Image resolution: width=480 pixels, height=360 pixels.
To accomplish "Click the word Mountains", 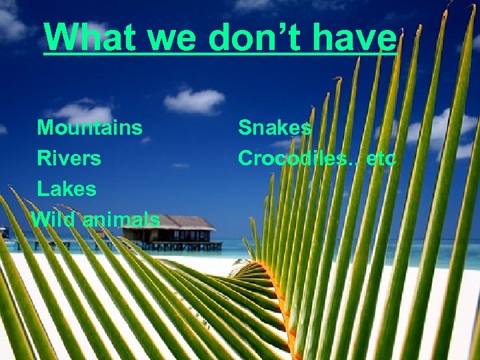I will point(89,127).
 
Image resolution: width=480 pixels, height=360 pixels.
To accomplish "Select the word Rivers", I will point(69,159).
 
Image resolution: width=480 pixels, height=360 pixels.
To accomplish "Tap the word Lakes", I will point(67,189).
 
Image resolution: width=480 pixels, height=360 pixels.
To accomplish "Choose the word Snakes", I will point(275,127).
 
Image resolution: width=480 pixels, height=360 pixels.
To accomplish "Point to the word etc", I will point(381,159).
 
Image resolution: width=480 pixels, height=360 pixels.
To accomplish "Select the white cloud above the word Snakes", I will point(194,101).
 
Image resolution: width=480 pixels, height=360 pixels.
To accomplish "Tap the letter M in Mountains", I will point(45,127).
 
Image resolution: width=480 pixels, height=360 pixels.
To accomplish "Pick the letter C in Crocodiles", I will point(245,159).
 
